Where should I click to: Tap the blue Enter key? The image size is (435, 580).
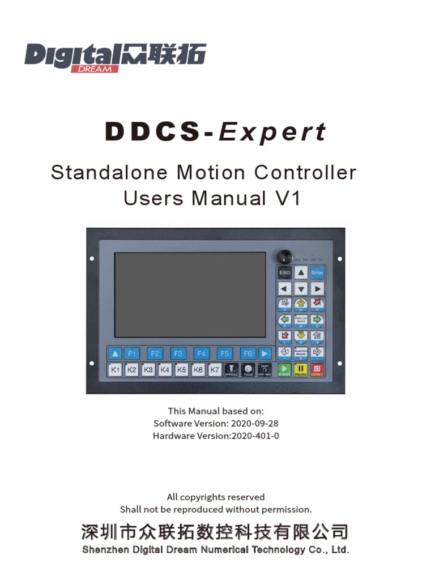click(317, 272)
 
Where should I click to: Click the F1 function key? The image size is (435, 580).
click(132, 353)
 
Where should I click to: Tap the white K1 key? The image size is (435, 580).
click(116, 370)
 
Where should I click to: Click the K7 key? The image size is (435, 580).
click(215, 370)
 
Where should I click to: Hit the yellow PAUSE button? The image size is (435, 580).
click(301, 370)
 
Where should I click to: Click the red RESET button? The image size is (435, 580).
click(317, 370)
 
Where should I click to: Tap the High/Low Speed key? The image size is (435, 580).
click(301, 319)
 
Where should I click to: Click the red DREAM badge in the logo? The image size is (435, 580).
click(95, 69)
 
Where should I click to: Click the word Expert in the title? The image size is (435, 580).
click(272, 132)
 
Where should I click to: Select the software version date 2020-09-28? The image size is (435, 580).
click(254, 423)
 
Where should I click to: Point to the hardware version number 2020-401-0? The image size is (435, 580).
click(254, 436)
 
